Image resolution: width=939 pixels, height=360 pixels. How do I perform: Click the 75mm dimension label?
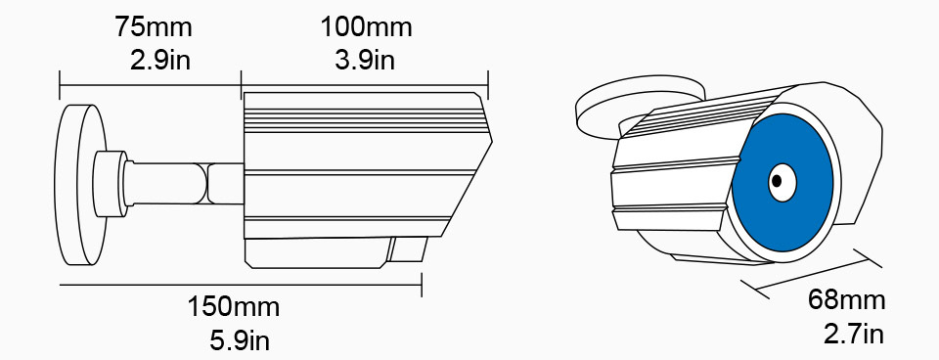click(154, 27)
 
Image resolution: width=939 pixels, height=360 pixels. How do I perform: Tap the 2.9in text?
click(159, 60)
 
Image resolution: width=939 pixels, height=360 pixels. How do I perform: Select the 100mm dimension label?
click(366, 27)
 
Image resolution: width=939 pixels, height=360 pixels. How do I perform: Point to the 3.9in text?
click(365, 60)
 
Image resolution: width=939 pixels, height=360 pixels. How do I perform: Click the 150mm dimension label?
click(234, 307)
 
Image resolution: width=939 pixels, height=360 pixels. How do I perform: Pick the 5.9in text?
click(240, 340)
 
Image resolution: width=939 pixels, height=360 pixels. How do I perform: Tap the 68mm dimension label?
click(846, 299)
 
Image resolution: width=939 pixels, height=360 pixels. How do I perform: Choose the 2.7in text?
click(853, 333)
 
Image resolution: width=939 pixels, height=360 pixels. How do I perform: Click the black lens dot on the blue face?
click(776, 180)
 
